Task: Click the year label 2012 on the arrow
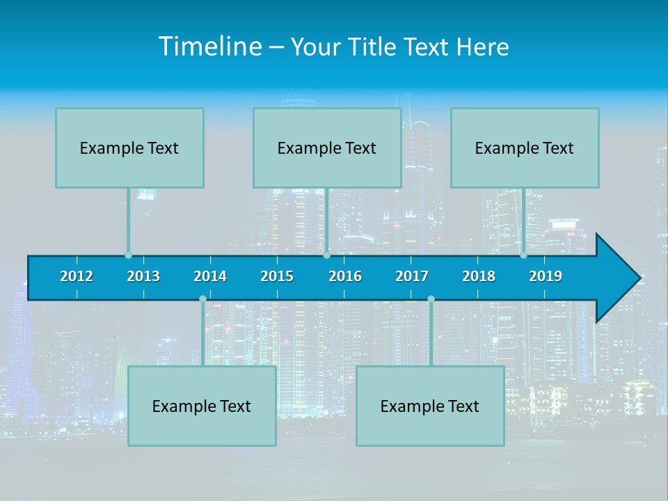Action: coord(77,276)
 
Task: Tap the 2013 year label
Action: coord(143,276)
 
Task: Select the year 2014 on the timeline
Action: coord(210,276)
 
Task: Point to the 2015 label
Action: coord(277,276)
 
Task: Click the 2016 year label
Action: coord(345,276)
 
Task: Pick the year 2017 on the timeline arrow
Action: coord(412,276)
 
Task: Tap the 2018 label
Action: coord(479,276)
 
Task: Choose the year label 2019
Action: coord(546,276)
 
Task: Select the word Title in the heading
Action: coord(372,47)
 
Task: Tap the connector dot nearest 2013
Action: coord(129,255)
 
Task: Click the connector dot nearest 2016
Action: coord(326,255)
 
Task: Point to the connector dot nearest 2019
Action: coord(524,255)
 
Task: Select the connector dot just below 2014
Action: coord(202,299)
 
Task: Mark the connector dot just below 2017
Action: coord(431,299)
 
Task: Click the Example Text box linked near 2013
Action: coord(129,148)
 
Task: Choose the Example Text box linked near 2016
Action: coord(327,148)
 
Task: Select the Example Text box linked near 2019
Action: coord(525,148)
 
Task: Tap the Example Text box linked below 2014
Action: coord(202,406)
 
